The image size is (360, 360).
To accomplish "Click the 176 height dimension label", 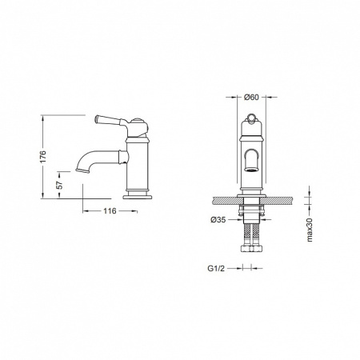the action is click(x=44, y=157).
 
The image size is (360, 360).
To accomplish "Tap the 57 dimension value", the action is click(x=60, y=185).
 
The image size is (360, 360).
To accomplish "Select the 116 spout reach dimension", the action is click(x=110, y=211).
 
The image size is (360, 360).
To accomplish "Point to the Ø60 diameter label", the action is click(x=251, y=97).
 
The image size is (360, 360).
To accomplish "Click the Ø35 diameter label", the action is click(x=218, y=220).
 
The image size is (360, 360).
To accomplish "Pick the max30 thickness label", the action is click(x=310, y=229).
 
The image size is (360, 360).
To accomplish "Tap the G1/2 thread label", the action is click(x=216, y=268).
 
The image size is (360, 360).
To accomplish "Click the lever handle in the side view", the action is click(x=109, y=120).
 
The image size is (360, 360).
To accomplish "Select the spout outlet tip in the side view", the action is click(x=82, y=170).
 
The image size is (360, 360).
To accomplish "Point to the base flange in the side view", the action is click(x=138, y=197).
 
